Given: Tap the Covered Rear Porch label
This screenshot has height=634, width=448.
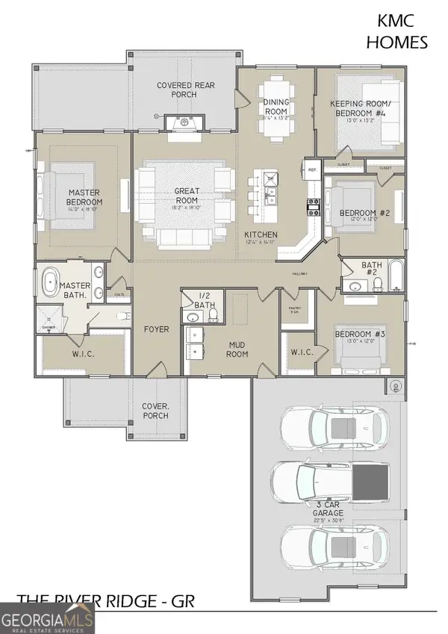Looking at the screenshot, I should point(186,90).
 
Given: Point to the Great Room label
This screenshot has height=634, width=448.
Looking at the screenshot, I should point(186,196).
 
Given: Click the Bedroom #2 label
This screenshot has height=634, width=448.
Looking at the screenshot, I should point(365,214).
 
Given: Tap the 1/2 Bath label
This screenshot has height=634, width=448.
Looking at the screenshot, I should point(206,299).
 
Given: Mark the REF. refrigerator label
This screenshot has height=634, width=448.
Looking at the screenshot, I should point(314,170).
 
